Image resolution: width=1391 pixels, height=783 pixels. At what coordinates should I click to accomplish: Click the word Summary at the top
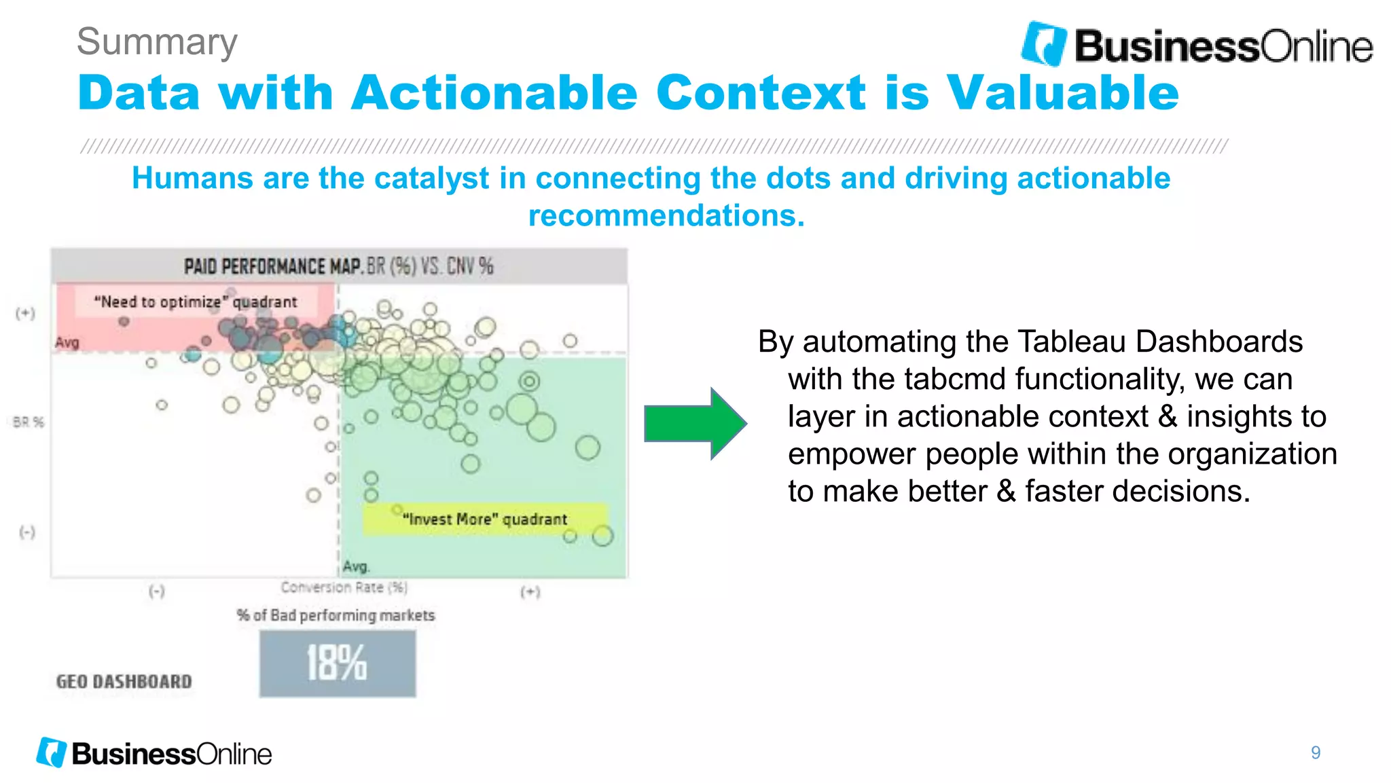pos(157,42)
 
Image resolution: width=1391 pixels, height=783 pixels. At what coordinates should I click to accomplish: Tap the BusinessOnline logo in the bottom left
pos(154,753)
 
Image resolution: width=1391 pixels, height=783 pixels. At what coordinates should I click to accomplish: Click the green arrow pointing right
pos(694,424)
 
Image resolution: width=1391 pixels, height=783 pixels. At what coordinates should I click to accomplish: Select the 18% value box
pos(337,663)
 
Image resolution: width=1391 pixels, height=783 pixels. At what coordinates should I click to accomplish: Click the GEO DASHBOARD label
pos(124,681)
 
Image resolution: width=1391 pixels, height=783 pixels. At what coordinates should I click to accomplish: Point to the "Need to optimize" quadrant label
pos(196,302)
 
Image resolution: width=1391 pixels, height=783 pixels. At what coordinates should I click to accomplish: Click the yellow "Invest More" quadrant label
pos(484,520)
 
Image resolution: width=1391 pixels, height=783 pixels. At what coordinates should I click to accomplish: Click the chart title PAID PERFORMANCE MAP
pos(272,266)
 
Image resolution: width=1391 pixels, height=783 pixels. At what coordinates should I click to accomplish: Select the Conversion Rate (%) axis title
pos(344,587)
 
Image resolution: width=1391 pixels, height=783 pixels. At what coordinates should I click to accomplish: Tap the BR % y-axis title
pos(29,422)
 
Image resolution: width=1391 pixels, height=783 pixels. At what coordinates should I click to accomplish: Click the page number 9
pos(1315,752)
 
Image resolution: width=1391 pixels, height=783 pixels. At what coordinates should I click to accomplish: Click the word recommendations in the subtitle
pos(666,216)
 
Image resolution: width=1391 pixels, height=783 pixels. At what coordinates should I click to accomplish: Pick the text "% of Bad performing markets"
pos(336,615)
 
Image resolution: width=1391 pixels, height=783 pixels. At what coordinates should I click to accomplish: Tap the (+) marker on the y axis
pos(25,313)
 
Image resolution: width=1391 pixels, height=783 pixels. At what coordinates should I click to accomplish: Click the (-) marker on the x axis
pos(157,591)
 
